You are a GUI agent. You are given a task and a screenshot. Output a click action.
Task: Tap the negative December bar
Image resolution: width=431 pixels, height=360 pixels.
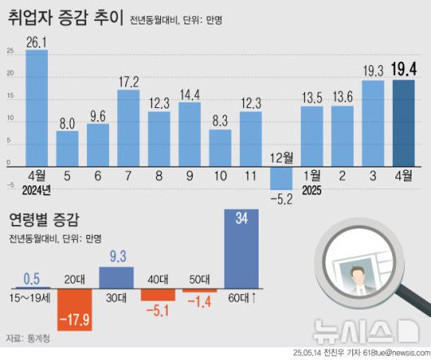(281, 178)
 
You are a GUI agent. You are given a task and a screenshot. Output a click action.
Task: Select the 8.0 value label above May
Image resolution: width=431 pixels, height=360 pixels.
(67, 123)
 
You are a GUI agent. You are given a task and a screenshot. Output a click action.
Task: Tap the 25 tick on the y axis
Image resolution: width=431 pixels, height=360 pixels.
(10, 52)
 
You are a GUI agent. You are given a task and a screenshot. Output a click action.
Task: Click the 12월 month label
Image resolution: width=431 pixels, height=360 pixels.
(281, 156)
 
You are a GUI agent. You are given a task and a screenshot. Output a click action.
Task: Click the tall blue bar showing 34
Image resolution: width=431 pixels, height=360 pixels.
(242, 249)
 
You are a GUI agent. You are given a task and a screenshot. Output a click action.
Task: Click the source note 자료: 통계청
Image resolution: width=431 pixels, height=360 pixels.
(28, 337)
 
